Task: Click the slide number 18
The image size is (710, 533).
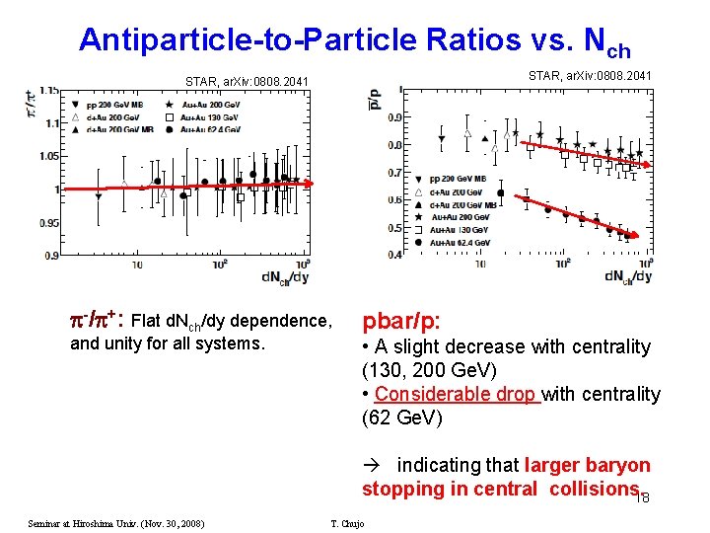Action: [642, 498]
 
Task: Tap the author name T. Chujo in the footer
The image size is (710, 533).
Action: [345, 523]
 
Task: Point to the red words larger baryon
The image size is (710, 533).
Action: [588, 465]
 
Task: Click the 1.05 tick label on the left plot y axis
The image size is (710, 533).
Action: [46, 155]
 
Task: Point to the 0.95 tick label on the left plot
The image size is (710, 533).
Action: [46, 223]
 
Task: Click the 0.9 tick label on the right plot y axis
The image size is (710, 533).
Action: [392, 117]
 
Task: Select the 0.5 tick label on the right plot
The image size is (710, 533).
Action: [392, 228]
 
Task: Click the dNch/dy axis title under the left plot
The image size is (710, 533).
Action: [285, 276]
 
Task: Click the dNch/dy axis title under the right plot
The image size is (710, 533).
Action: [627, 276]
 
